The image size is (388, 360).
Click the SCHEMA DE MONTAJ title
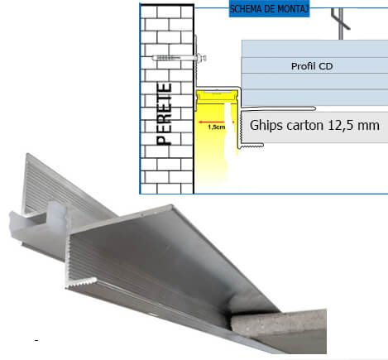(269, 9)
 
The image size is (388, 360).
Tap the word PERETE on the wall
(164, 114)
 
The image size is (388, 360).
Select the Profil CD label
(312, 66)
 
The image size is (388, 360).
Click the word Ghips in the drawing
(266, 126)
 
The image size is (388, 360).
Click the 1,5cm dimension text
(217, 127)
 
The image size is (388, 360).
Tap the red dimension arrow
(216, 122)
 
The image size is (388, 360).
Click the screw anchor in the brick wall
(180, 58)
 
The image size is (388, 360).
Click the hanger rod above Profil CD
(342, 23)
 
